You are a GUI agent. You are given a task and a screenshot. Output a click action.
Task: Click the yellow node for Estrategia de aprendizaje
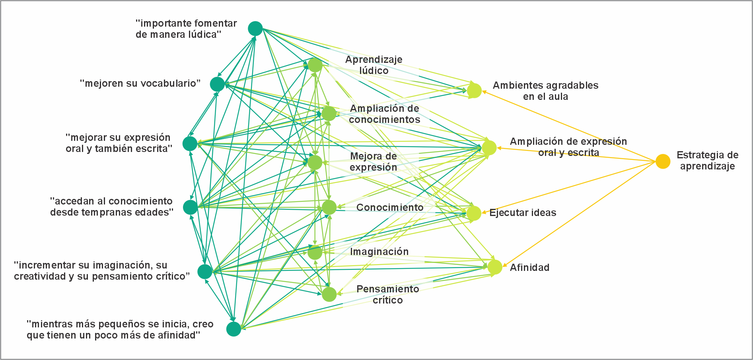[x=663, y=161]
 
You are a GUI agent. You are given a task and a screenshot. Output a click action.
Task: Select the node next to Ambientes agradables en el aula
[x=474, y=90]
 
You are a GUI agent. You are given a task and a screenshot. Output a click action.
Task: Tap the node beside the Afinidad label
[x=495, y=267]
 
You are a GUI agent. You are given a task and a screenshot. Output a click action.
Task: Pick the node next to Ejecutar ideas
[x=474, y=213]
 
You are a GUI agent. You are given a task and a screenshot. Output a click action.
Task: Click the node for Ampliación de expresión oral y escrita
[x=489, y=148]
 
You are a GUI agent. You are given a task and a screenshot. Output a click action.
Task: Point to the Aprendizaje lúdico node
[x=315, y=65]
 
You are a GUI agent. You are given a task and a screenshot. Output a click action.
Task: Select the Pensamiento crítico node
[x=329, y=294]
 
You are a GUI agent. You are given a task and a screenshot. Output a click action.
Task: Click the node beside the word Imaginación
[x=315, y=252]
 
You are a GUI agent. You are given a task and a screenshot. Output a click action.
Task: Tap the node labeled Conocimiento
[x=329, y=207]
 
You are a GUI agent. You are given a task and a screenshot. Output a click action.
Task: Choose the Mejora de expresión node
[x=315, y=162]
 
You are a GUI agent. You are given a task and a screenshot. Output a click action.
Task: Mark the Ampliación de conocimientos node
[x=329, y=113]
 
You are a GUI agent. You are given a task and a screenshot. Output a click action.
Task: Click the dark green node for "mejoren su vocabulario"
[x=217, y=84]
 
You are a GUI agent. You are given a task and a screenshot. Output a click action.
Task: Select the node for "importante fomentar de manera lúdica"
[x=255, y=29]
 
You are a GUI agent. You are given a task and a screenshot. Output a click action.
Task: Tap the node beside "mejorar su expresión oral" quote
[x=190, y=144]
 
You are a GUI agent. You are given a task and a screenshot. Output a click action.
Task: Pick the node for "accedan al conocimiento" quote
[x=190, y=207]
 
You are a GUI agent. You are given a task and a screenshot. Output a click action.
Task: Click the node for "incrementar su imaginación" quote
[x=205, y=272]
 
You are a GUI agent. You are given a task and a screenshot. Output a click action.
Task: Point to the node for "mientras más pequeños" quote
[x=233, y=329]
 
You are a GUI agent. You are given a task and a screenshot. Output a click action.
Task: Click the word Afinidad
[x=529, y=268]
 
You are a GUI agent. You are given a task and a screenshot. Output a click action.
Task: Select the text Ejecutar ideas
[x=523, y=213]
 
